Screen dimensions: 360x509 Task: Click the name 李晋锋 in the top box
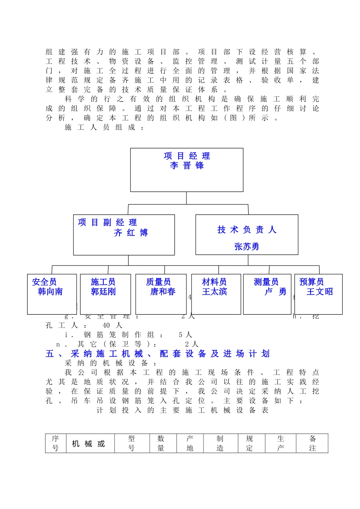point(187,166)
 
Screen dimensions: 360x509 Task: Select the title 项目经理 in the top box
point(187,156)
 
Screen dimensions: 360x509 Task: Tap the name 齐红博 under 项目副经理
point(131,233)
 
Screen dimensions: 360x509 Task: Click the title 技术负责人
point(247,230)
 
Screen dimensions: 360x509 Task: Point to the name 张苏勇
point(247,247)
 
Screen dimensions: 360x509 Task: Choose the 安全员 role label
point(44,282)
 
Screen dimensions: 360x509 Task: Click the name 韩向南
point(50,292)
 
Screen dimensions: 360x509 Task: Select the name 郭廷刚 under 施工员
point(103,292)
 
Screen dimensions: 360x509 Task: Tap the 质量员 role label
point(158,282)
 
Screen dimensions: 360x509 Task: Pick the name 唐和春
point(163,292)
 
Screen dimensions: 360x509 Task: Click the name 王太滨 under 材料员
point(214,292)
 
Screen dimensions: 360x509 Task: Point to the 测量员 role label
point(266,282)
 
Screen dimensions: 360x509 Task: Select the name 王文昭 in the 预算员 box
point(320,292)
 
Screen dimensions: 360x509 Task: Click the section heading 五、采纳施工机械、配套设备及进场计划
point(158,354)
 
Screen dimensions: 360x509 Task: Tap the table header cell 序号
point(55,443)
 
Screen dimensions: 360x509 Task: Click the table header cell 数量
point(161,443)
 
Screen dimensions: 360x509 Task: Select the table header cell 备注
point(313,443)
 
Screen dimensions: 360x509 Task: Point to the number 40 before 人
point(106,325)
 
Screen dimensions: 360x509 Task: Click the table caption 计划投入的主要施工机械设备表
point(183,410)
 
